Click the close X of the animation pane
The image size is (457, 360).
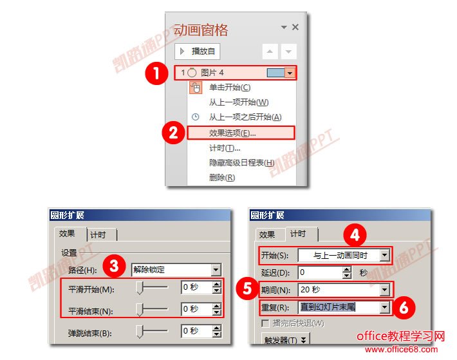[295, 27]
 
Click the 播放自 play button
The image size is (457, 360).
[198, 52]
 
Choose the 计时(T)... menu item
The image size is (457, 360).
[225, 148]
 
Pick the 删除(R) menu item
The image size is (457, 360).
[222, 177]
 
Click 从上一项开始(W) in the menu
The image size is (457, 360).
[239, 102]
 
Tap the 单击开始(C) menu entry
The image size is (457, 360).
[230, 87]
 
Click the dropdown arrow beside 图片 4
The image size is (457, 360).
[290, 73]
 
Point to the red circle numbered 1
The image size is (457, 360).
[156, 73]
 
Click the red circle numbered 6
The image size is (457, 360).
[404, 308]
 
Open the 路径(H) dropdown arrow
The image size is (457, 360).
[216, 270]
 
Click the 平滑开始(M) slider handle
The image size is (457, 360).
[140, 288]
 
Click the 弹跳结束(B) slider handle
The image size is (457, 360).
[140, 332]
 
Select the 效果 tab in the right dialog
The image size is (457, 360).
[267, 234]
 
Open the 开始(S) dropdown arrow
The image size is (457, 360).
[385, 256]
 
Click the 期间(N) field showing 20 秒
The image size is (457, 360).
[339, 290]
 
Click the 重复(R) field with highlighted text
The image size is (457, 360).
[339, 307]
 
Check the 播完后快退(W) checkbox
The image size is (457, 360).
[265, 323]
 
